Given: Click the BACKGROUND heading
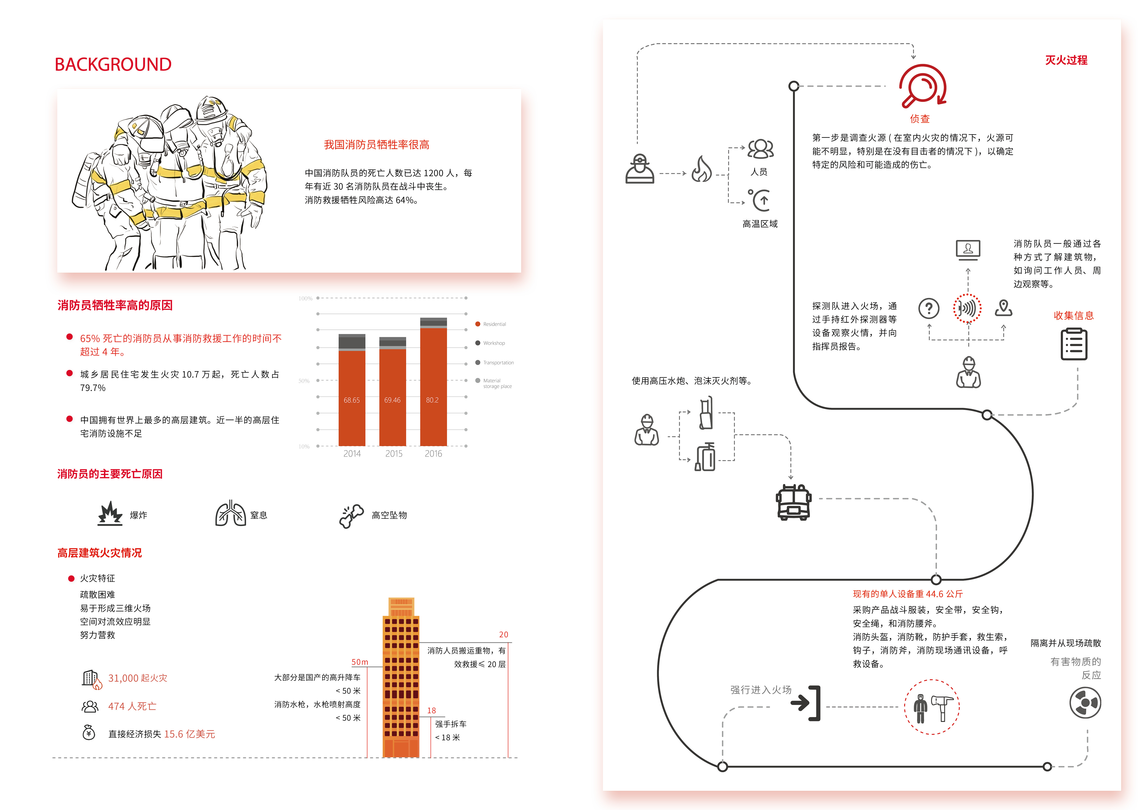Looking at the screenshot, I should point(113,64).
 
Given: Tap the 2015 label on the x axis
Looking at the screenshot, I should point(393,453).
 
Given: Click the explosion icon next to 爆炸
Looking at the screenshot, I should point(110,514).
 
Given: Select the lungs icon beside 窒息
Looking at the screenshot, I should point(230,514).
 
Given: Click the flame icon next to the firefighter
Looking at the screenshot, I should point(702,169).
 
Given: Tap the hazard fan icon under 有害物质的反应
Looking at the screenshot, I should point(1085,703).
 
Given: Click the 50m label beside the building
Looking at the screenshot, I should point(359,662).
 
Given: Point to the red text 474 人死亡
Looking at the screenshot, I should point(132,706).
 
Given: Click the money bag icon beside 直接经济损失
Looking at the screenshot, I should point(89,733).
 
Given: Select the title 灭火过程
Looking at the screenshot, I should point(1066,60).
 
